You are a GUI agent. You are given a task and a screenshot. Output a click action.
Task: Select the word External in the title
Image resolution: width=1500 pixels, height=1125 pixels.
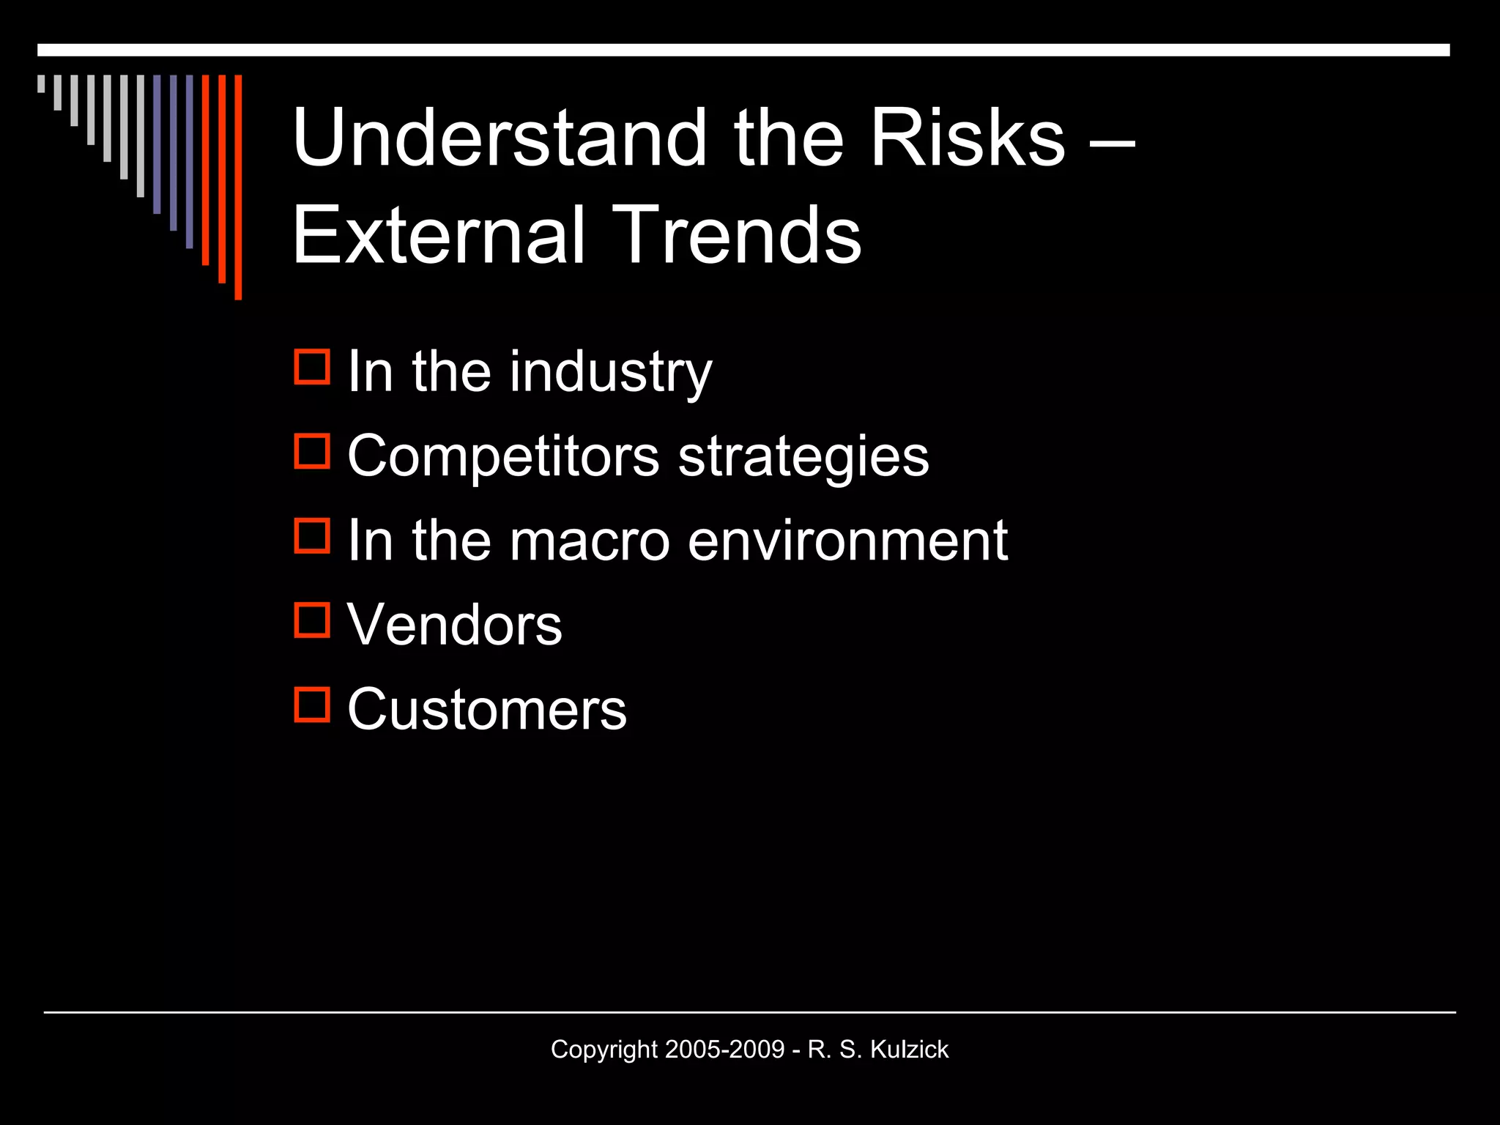click(x=439, y=235)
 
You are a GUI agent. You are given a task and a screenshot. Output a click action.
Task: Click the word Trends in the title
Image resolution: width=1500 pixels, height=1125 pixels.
click(x=737, y=235)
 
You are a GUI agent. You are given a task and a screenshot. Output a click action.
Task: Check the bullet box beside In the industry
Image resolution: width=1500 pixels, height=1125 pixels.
click(x=312, y=367)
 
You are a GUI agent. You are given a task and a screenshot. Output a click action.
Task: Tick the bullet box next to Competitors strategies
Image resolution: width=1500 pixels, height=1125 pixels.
click(x=312, y=451)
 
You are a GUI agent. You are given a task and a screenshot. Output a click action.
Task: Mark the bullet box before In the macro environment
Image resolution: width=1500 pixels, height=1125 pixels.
click(x=312, y=535)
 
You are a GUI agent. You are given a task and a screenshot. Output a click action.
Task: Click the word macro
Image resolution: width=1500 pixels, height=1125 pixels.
click(x=590, y=541)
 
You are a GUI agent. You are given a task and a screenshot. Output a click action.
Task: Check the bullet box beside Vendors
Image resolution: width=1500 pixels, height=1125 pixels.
click(x=312, y=620)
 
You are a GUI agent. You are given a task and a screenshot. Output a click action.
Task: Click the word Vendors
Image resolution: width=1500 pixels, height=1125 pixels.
click(x=454, y=625)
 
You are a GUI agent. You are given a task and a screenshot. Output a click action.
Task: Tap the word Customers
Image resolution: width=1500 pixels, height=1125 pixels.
click(x=486, y=709)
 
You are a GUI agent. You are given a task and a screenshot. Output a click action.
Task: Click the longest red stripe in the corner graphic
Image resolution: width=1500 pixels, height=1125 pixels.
click(x=238, y=187)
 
